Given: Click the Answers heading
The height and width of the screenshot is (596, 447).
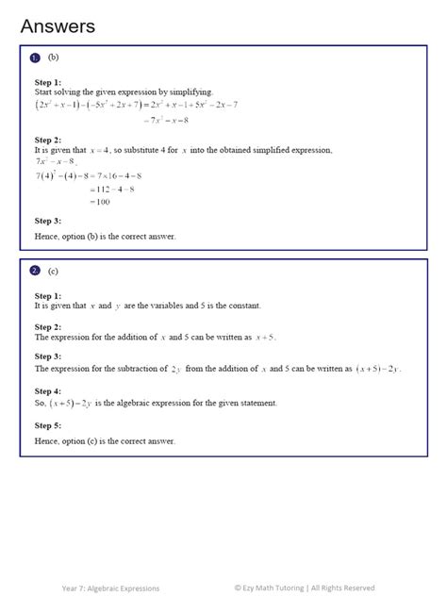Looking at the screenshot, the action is click(58, 26).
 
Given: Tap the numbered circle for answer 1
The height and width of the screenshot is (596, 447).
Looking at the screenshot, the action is click(35, 58).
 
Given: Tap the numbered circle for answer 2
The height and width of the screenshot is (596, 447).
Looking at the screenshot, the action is click(35, 271).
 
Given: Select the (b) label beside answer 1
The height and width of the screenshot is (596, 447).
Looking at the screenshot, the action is click(53, 58).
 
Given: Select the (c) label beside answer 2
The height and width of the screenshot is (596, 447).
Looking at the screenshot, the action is click(53, 271).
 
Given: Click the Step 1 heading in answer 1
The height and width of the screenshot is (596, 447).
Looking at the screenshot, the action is click(48, 82).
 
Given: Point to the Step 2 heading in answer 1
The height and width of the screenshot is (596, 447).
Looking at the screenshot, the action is click(48, 140).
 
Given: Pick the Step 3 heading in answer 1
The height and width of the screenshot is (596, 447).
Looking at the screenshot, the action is click(48, 221).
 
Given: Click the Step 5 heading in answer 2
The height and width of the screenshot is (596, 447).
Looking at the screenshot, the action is click(48, 425).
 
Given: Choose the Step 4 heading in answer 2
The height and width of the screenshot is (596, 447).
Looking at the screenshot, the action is click(48, 389).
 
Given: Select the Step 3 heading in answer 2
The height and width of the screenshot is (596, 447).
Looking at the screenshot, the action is click(48, 356).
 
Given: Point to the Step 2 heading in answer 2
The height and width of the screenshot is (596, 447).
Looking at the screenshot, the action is click(48, 325).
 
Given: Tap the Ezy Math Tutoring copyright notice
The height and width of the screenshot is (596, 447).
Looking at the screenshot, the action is click(305, 588).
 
